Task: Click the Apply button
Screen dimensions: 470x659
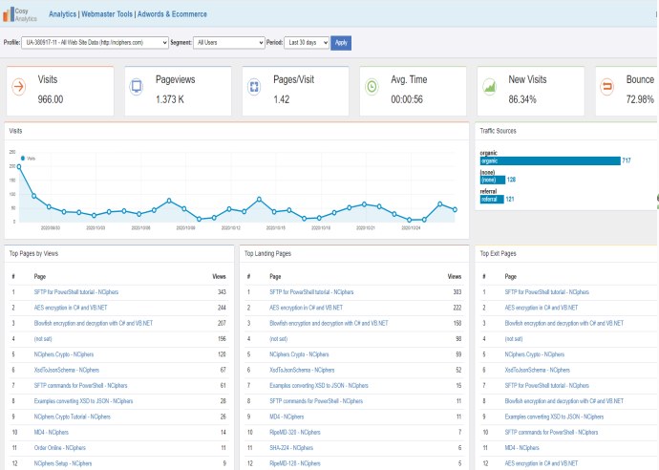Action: [341, 42]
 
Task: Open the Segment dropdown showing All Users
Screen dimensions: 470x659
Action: [228, 42]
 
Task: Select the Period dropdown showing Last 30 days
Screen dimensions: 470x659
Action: [307, 42]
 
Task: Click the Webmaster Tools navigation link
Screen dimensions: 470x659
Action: [108, 14]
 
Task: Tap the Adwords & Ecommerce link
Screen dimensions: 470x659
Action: [172, 14]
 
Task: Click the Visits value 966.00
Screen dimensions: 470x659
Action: [50, 99]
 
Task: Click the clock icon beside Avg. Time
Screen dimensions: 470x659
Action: [372, 87]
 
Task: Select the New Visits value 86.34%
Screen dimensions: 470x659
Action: [522, 99]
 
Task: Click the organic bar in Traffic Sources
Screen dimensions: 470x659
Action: [550, 160]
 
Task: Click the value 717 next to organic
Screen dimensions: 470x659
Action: [627, 160]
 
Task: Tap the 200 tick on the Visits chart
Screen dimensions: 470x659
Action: [12, 166]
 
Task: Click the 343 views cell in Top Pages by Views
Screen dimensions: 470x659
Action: [221, 291]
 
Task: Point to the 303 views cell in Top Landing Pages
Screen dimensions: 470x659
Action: [457, 291]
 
